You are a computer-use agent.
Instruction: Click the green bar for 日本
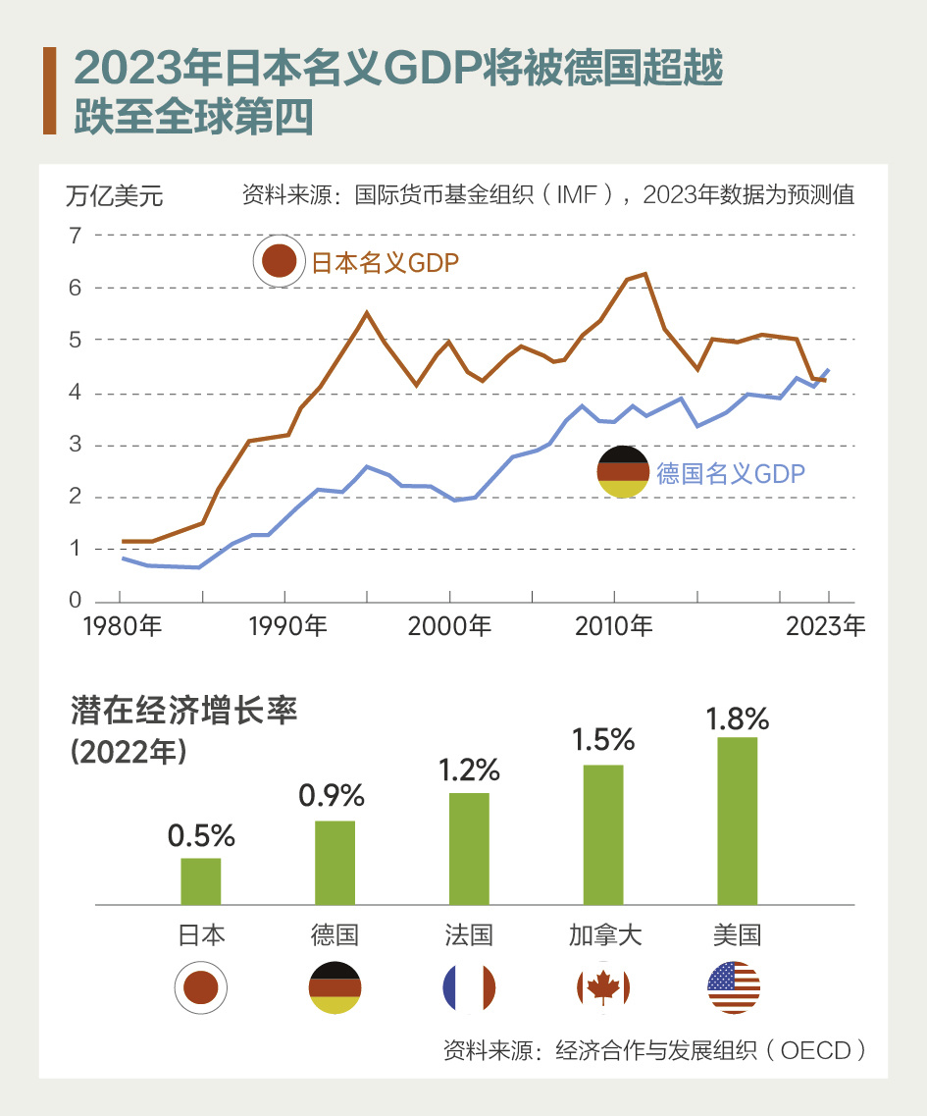(x=201, y=880)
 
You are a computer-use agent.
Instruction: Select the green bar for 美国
(x=738, y=821)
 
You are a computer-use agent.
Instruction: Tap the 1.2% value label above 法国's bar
(x=469, y=770)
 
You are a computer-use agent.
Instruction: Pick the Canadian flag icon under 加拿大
(x=603, y=987)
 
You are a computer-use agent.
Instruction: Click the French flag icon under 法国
(x=469, y=987)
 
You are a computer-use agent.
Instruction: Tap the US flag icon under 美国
(x=734, y=987)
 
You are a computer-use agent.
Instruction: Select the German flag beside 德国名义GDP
(x=624, y=472)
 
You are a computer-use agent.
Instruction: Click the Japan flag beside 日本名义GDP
(x=279, y=262)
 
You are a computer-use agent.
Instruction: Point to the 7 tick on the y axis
(x=75, y=236)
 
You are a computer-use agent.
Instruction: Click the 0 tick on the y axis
(x=75, y=601)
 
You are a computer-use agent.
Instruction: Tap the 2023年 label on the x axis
(x=826, y=626)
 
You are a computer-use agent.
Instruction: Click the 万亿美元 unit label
(x=114, y=196)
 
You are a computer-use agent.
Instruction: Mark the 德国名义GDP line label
(x=731, y=474)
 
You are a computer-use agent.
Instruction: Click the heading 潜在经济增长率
(x=183, y=712)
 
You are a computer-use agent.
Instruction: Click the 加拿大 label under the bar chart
(x=604, y=934)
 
